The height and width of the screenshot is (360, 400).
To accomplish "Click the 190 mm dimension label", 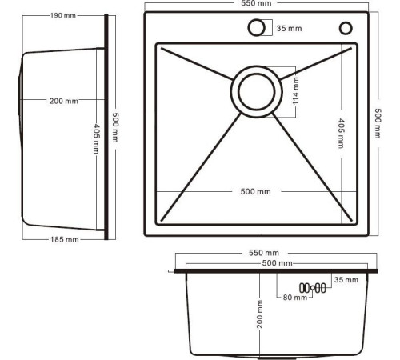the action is click(63, 15).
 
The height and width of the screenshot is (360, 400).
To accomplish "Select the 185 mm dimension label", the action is click(65, 239).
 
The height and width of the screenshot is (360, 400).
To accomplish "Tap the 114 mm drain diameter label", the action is click(296, 91).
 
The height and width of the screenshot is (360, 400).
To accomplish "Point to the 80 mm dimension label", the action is click(295, 297).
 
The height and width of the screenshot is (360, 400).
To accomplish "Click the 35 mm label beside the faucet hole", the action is click(289, 28).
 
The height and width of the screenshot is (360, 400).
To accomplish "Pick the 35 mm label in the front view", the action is click(346, 280).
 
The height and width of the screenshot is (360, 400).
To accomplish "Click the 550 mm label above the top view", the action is click(256, 3).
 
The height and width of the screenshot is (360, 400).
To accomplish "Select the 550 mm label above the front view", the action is click(264, 253).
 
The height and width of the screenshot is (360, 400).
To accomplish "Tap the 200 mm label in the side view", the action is click(64, 101).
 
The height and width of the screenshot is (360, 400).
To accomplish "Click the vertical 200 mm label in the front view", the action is click(259, 314).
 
